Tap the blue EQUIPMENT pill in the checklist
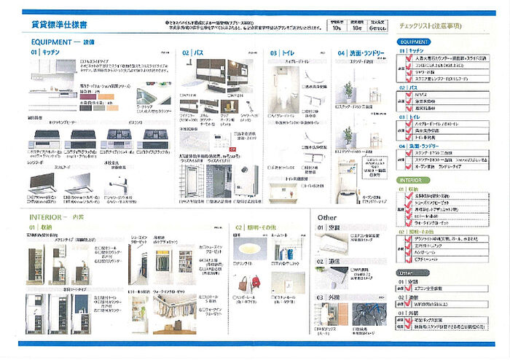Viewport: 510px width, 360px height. tap(414, 42)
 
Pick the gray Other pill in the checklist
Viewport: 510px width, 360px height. tap(409, 273)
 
